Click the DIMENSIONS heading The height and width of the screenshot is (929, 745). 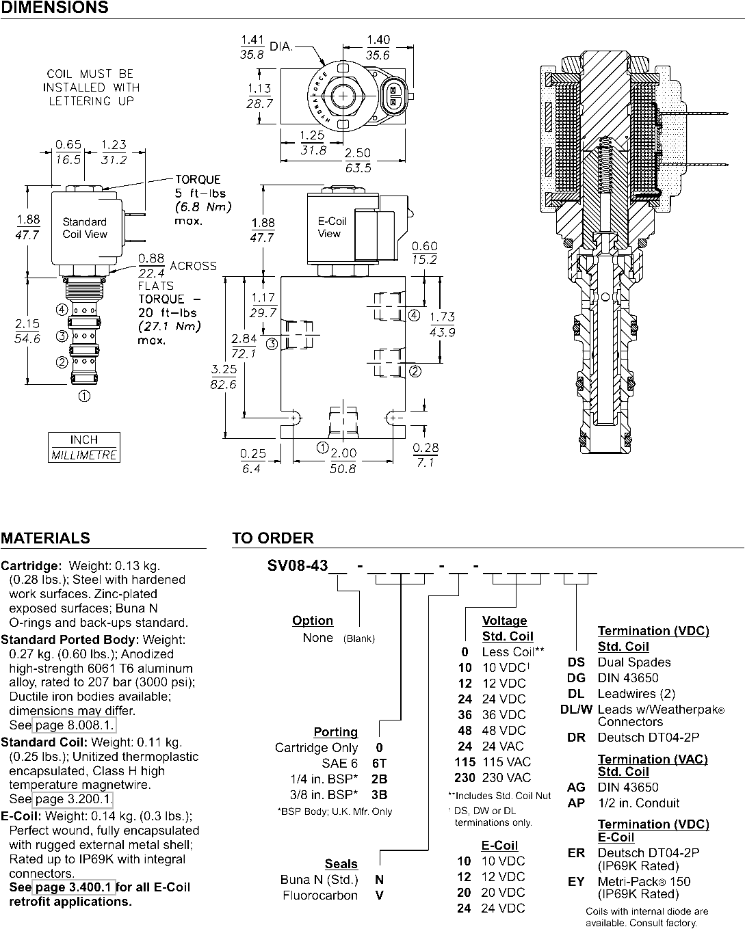55,8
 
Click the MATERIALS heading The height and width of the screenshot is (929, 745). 45,538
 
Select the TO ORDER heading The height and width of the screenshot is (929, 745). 273,538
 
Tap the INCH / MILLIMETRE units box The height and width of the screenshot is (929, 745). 84,447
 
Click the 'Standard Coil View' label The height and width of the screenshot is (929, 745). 85,228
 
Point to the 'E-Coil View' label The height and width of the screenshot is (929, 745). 332,227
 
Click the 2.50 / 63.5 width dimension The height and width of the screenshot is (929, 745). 358,160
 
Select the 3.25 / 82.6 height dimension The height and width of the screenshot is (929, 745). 224,377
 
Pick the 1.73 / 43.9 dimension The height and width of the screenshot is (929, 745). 442,324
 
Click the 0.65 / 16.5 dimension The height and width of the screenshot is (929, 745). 68,152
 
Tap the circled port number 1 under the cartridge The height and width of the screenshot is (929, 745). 84,396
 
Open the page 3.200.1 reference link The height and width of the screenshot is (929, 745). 73,798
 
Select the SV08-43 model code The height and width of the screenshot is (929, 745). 298,565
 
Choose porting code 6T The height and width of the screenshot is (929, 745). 380,764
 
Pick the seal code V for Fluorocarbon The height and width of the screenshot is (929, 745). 380,895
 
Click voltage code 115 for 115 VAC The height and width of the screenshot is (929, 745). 465,762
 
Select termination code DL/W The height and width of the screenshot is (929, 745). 576,710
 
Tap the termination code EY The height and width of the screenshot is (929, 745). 576,881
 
